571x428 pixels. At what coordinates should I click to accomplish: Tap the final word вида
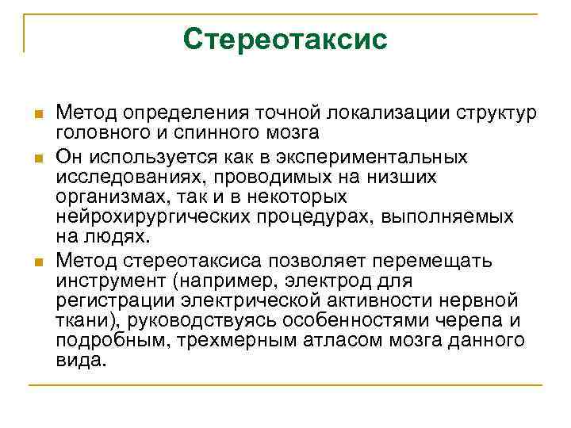(x=80, y=359)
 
